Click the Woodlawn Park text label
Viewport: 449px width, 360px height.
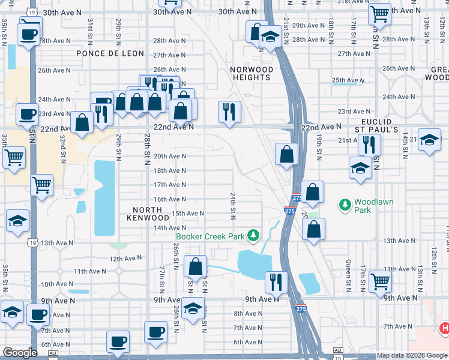pyautogui.click(x=373, y=206)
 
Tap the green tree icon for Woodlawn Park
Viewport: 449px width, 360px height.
pyautogui.click(x=345, y=206)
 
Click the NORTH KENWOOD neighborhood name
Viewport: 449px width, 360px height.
pyautogui.click(x=148, y=213)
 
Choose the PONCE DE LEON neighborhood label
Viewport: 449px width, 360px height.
pyautogui.click(x=110, y=53)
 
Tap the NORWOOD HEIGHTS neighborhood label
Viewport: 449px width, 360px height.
pyautogui.click(x=252, y=73)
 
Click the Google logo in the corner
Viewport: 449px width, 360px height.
pyautogui.click(x=20, y=353)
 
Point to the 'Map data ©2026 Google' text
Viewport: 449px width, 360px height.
pyautogui.click(x=412, y=356)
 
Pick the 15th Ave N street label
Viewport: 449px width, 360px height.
pyautogui.click(x=188, y=214)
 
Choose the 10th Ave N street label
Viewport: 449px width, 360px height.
pyautogui.click(x=57, y=284)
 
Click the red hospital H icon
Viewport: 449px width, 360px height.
pyautogui.click(x=444, y=328)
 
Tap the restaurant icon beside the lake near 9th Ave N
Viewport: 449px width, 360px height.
pyautogui.click(x=276, y=281)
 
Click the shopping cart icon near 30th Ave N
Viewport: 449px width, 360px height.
pyautogui.click(x=379, y=13)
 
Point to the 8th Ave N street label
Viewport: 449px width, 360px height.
pyautogui.click(x=247, y=313)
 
